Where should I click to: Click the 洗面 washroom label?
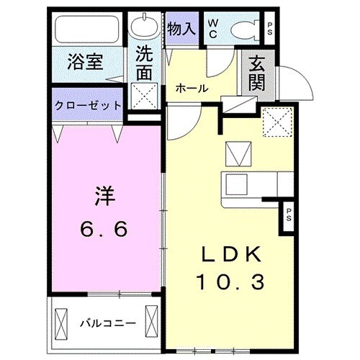tap(145, 62)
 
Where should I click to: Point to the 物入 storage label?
tap(181, 29)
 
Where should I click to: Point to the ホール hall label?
tap(192, 89)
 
